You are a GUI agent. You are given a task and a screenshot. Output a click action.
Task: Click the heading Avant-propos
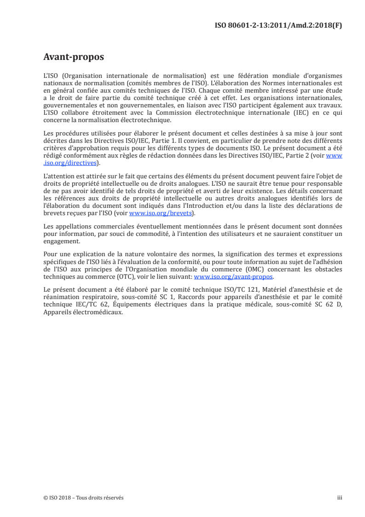click(74, 57)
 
